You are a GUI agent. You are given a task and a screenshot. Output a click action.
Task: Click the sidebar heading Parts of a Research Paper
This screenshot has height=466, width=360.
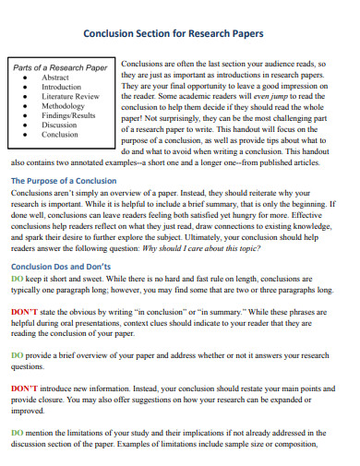coord(59,68)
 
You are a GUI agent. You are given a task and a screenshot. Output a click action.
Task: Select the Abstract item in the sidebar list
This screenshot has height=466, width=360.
coord(54,78)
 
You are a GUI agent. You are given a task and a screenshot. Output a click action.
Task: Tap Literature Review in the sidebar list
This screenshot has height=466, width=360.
coord(69,96)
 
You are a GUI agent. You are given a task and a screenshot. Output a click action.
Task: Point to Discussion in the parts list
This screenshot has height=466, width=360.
coord(59,125)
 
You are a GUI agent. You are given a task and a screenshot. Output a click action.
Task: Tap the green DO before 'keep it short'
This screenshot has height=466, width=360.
coord(17,278)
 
